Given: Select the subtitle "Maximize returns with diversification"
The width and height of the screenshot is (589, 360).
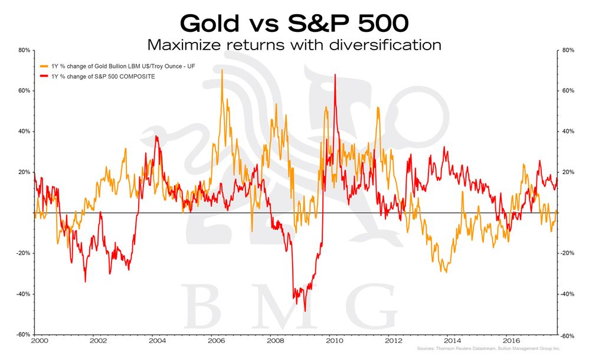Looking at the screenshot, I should tap(294, 44).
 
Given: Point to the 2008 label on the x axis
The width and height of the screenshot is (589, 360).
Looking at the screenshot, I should tap(275, 341).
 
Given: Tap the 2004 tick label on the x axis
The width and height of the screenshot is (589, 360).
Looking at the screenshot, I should tap(157, 341).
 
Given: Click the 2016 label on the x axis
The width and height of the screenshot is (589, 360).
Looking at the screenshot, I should tap(511, 341).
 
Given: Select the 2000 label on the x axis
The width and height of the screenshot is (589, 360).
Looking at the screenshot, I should tap(39, 341).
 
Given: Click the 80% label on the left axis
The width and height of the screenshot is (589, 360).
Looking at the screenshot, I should tap(24, 51).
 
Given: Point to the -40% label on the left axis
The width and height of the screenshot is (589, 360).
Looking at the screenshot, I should tap(22, 294).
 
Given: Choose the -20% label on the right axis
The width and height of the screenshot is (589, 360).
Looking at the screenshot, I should tap(566, 253).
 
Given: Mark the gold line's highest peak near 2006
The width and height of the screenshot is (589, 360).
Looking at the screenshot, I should tap(222, 70).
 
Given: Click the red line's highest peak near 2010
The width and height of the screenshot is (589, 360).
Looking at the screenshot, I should tap(335, 75).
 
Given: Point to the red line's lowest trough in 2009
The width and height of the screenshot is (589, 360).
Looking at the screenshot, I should tap(305, 310).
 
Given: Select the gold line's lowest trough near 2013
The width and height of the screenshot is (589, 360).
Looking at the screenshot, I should tap(446, 272).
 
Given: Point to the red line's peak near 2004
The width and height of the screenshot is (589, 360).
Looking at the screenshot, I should tap(156, 136).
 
